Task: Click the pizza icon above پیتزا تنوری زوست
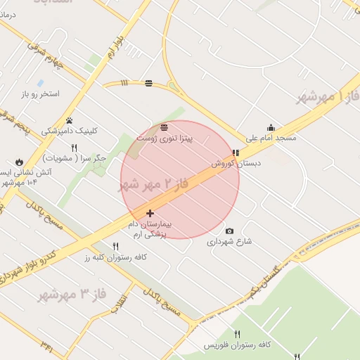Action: pyautogui.click(x=164, y=127)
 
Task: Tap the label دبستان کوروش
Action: pyautogui.click(x=236, y=163)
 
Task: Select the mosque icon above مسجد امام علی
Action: pyautogui.click(x=271, y=127)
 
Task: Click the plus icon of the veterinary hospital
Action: pyautogui.click(x=150, y=212)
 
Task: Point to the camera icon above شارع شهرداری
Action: pyautogui.click(x=229, y=231)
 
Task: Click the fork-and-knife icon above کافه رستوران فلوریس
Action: pyautogui.click(x=237, y=334)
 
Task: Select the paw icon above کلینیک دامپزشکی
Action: pyautogui.click(x=69, y=120)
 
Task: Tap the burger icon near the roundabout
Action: pyautogui.click(x=148, y=83)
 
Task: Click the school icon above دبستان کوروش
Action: pyautogui.click(x=236, y=153)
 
